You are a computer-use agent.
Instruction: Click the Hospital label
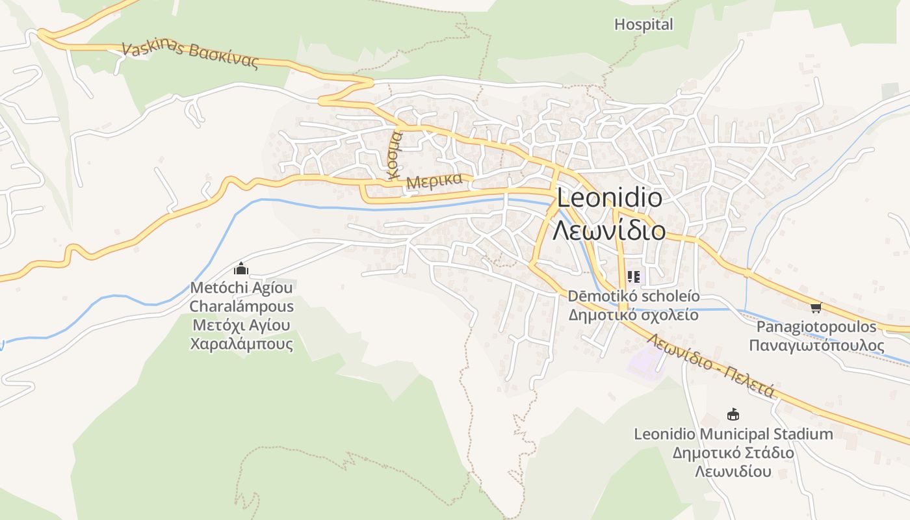643,25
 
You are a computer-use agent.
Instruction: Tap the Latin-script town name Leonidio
610,198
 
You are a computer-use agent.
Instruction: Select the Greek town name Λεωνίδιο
609,230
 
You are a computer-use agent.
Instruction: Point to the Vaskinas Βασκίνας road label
190,56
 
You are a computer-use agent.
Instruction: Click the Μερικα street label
434,181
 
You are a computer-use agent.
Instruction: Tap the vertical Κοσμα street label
395,154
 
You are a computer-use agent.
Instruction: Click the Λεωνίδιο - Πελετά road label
710,365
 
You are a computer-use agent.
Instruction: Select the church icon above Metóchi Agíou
241,268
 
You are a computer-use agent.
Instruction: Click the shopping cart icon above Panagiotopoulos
816,307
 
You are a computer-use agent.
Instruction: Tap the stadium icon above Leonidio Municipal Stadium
733,414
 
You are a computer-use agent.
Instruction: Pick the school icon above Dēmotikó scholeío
634,278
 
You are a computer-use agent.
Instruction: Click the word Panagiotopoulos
816,327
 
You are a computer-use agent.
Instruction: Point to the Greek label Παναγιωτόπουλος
816,344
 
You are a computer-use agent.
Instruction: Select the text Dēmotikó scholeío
634,296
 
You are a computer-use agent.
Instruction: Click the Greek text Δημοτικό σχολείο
634,315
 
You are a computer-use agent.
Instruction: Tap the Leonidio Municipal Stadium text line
733,434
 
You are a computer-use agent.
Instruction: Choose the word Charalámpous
241,306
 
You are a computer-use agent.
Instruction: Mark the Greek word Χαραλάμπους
241,344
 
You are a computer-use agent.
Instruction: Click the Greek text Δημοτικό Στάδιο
733,453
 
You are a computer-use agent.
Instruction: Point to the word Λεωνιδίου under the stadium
733,471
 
